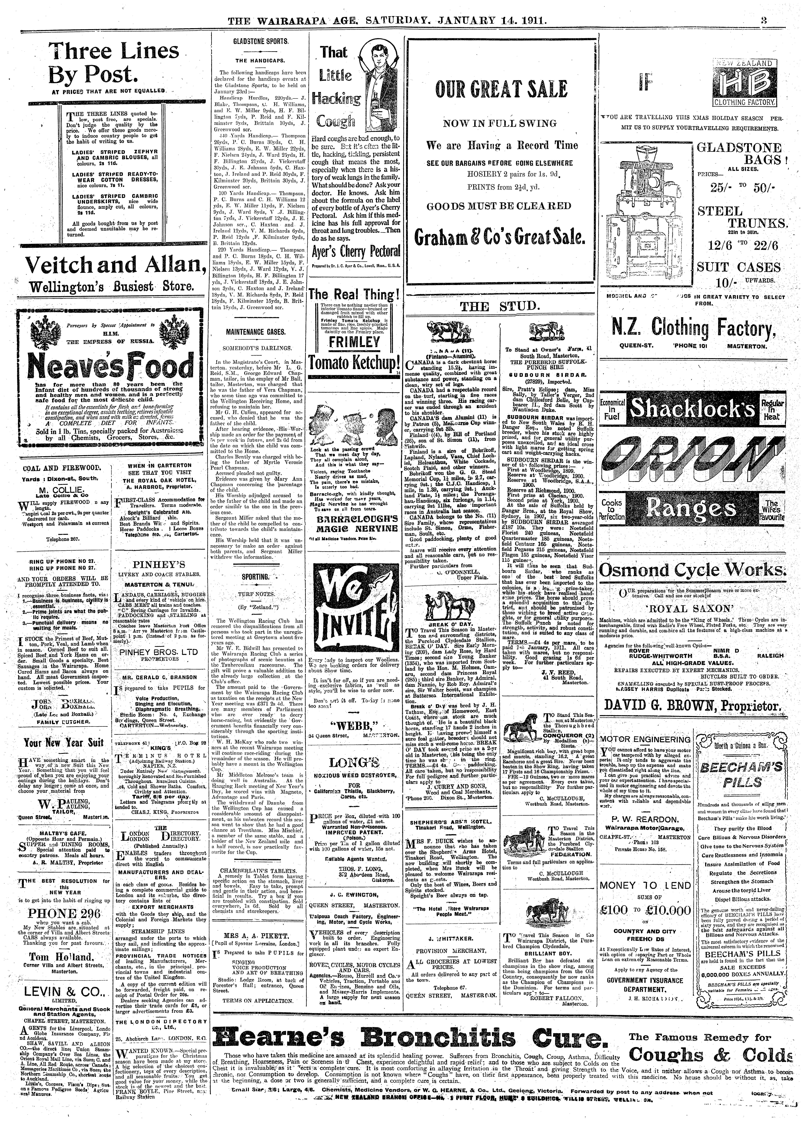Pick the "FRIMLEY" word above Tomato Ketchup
pos(354,343)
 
